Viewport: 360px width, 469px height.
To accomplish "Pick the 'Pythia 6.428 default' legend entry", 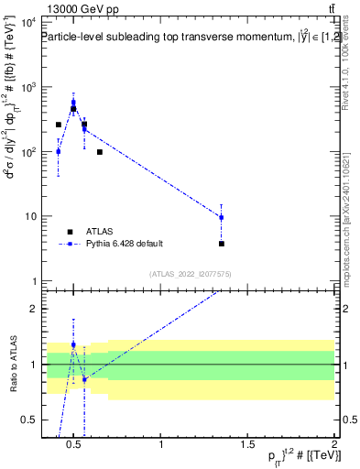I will pyautogui.click(x=123, y=244).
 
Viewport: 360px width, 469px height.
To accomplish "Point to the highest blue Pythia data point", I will pyautogui.click(x=73, y=103).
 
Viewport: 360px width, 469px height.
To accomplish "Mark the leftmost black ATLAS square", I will pyautogui.click(x=59, y=125).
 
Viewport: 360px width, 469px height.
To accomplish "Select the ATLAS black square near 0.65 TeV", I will pyautogui.click(x=99, y=152).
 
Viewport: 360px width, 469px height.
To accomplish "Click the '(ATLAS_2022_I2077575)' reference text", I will pyautogui.click(x=191, y=274).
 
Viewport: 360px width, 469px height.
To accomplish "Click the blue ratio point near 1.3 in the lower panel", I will pyautogui.click(x=73, y=344).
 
